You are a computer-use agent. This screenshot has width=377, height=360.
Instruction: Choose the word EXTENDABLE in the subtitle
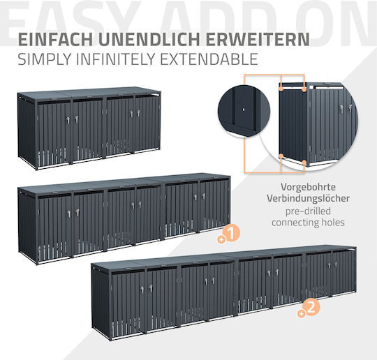pyautogui.click(x=209, y=59)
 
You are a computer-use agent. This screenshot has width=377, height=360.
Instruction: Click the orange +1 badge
pyautogui.click(x=229, y=234)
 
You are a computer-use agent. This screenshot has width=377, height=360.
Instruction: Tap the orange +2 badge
pyautogui.click(x=309, y=308)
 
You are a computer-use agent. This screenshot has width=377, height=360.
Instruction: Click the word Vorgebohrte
pyautogui.click(x=309, y=187)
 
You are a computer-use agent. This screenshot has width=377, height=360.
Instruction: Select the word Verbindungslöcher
pyautogui.click(x=309, y=199)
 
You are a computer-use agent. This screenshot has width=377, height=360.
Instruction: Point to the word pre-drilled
pyautogui.click(x=309, y=211)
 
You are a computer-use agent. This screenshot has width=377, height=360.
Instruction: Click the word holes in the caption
pyautogui.click(x=333, y=223)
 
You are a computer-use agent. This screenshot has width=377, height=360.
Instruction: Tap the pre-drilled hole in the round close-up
pyautogui.click(x=244, y=110)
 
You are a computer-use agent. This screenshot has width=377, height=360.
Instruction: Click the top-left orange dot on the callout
pyautogui.click(x=281, y=89)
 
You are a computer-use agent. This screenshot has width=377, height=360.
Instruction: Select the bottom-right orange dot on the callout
pyautogui.click(x=304, y=163)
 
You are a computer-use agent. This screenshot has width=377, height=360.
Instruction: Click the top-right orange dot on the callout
pyautogui.click(x=304, y=89)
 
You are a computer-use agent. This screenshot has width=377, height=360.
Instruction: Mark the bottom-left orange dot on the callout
pyautogui.click(x=281, y=156)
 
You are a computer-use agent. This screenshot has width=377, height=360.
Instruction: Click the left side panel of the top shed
pyautogui.click(x=27, y=132)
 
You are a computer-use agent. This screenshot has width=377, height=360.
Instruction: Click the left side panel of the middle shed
pyautogui.click(x=27, y=226)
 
